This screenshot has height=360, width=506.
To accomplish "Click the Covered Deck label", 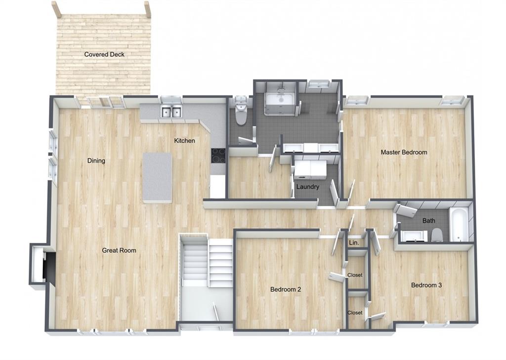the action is click(104, 54).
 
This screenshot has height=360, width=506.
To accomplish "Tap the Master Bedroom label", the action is click(404, 152).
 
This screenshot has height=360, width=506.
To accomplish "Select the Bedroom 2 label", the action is click(286, 289).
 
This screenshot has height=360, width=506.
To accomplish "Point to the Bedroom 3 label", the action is click(426, 285).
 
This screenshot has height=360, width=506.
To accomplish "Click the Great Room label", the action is click(119, 250).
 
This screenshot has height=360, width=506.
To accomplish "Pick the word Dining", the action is click(96, 160).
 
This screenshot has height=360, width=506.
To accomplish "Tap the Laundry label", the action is click(308, 187).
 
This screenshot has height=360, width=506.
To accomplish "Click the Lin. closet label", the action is click(354, 242).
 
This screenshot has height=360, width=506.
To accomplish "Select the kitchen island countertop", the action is click(157, 178).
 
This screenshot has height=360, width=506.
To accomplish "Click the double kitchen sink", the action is click(171, 112).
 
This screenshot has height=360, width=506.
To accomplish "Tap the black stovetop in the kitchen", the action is click(218, 156).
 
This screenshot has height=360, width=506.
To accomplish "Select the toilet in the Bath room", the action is click(437, 235).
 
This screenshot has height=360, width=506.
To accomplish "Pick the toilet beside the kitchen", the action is click(241, 114).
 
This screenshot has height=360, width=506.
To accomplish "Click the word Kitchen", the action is click(185, 141).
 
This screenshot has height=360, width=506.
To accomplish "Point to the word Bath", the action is click(428, 221).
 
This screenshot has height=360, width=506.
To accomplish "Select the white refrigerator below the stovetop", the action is click(217, 187).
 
